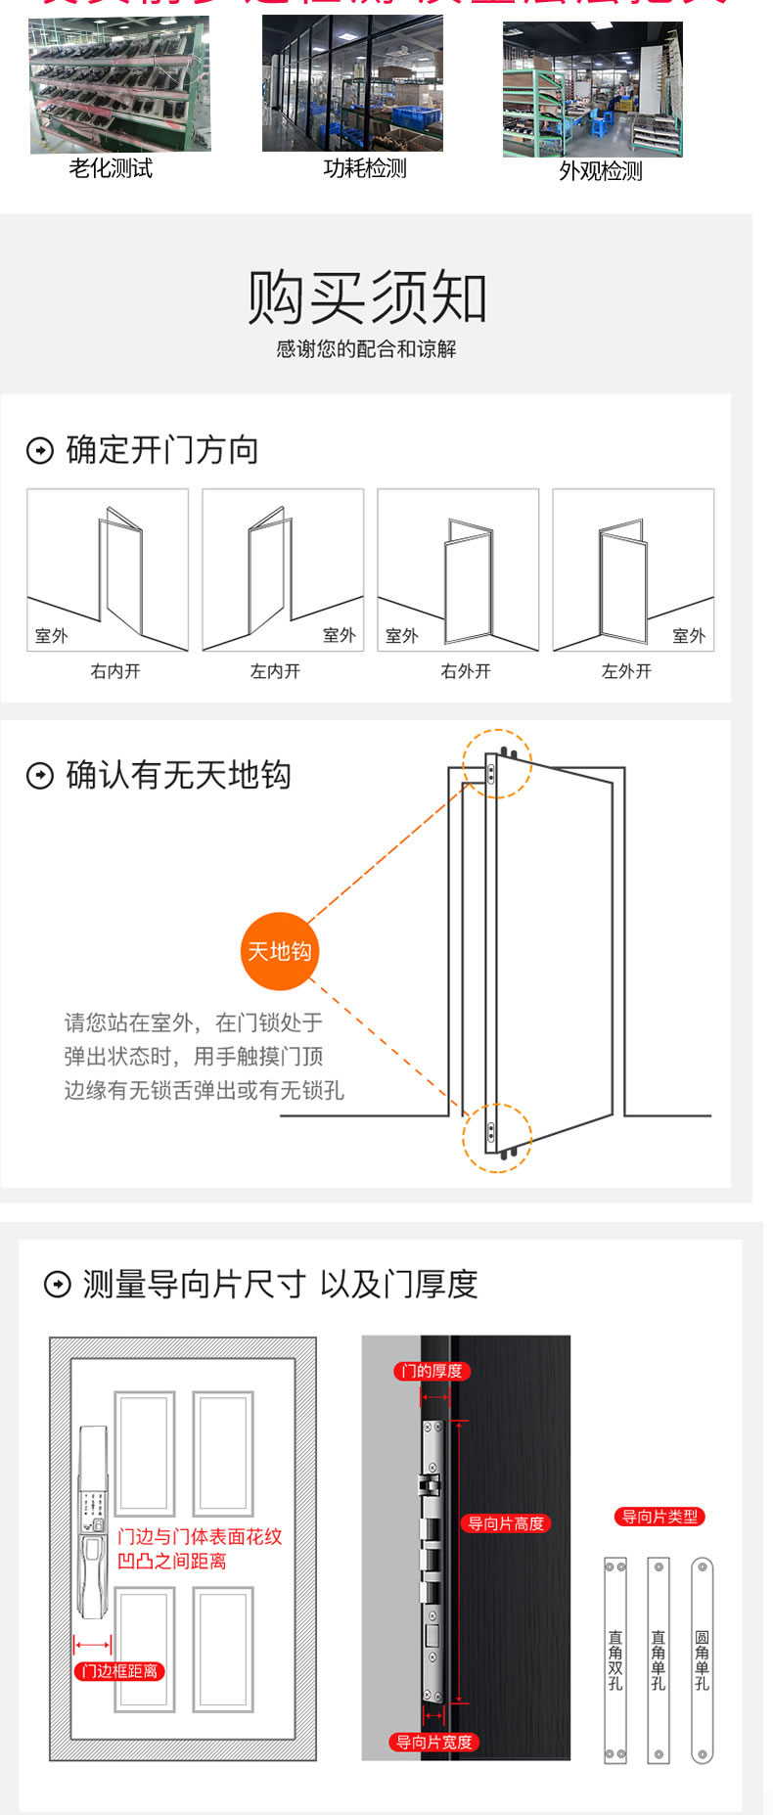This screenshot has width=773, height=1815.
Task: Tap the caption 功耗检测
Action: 364,168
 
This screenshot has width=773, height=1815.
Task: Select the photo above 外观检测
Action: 592,90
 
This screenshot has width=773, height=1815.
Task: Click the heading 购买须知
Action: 367,297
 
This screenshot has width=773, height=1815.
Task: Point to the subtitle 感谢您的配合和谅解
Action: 366,349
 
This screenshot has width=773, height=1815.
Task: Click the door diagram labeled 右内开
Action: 108,569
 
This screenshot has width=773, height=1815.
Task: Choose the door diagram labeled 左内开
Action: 283,569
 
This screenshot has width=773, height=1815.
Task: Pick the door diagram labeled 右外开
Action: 458,569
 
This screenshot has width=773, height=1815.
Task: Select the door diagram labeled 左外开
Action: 633,569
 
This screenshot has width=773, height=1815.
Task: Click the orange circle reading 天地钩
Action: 280,951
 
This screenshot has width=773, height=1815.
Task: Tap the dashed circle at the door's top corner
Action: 497,764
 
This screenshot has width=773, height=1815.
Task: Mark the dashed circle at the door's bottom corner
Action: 497,1138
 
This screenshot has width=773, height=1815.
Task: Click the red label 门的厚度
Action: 432,1371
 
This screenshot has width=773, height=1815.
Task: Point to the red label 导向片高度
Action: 506,1523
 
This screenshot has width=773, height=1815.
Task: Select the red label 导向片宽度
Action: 433,1742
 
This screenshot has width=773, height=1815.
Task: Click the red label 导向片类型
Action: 659,1517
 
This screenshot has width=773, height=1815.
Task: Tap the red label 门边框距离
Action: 119,1671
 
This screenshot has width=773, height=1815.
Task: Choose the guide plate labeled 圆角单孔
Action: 702,1659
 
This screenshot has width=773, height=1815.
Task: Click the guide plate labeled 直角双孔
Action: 615,1659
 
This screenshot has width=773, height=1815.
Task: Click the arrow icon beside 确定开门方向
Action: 39,451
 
